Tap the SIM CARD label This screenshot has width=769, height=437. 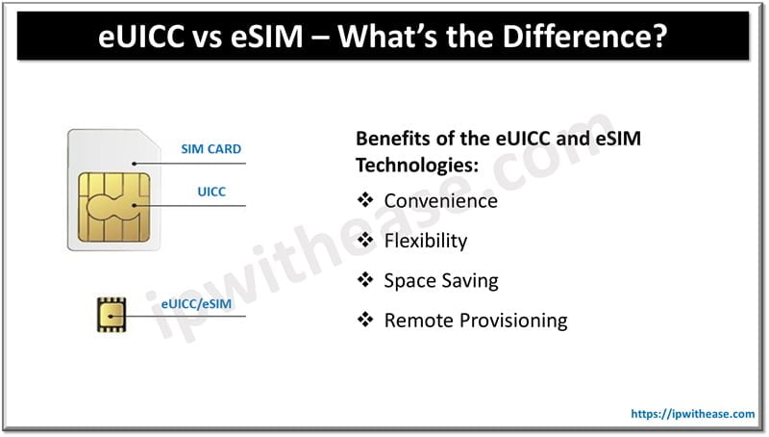(211, 149)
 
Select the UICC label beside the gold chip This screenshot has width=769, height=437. (211, 192)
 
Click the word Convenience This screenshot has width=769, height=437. (440, 200)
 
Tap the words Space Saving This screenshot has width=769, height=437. (441, 280)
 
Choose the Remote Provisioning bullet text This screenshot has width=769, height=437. (476, 321)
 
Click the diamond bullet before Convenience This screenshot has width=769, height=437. (364, 200)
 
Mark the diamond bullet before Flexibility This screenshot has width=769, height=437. (364, 241)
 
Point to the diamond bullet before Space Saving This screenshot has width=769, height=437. (364, 280)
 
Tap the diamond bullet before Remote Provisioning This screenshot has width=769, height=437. (364, 321)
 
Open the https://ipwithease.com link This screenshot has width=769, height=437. (692, 414)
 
